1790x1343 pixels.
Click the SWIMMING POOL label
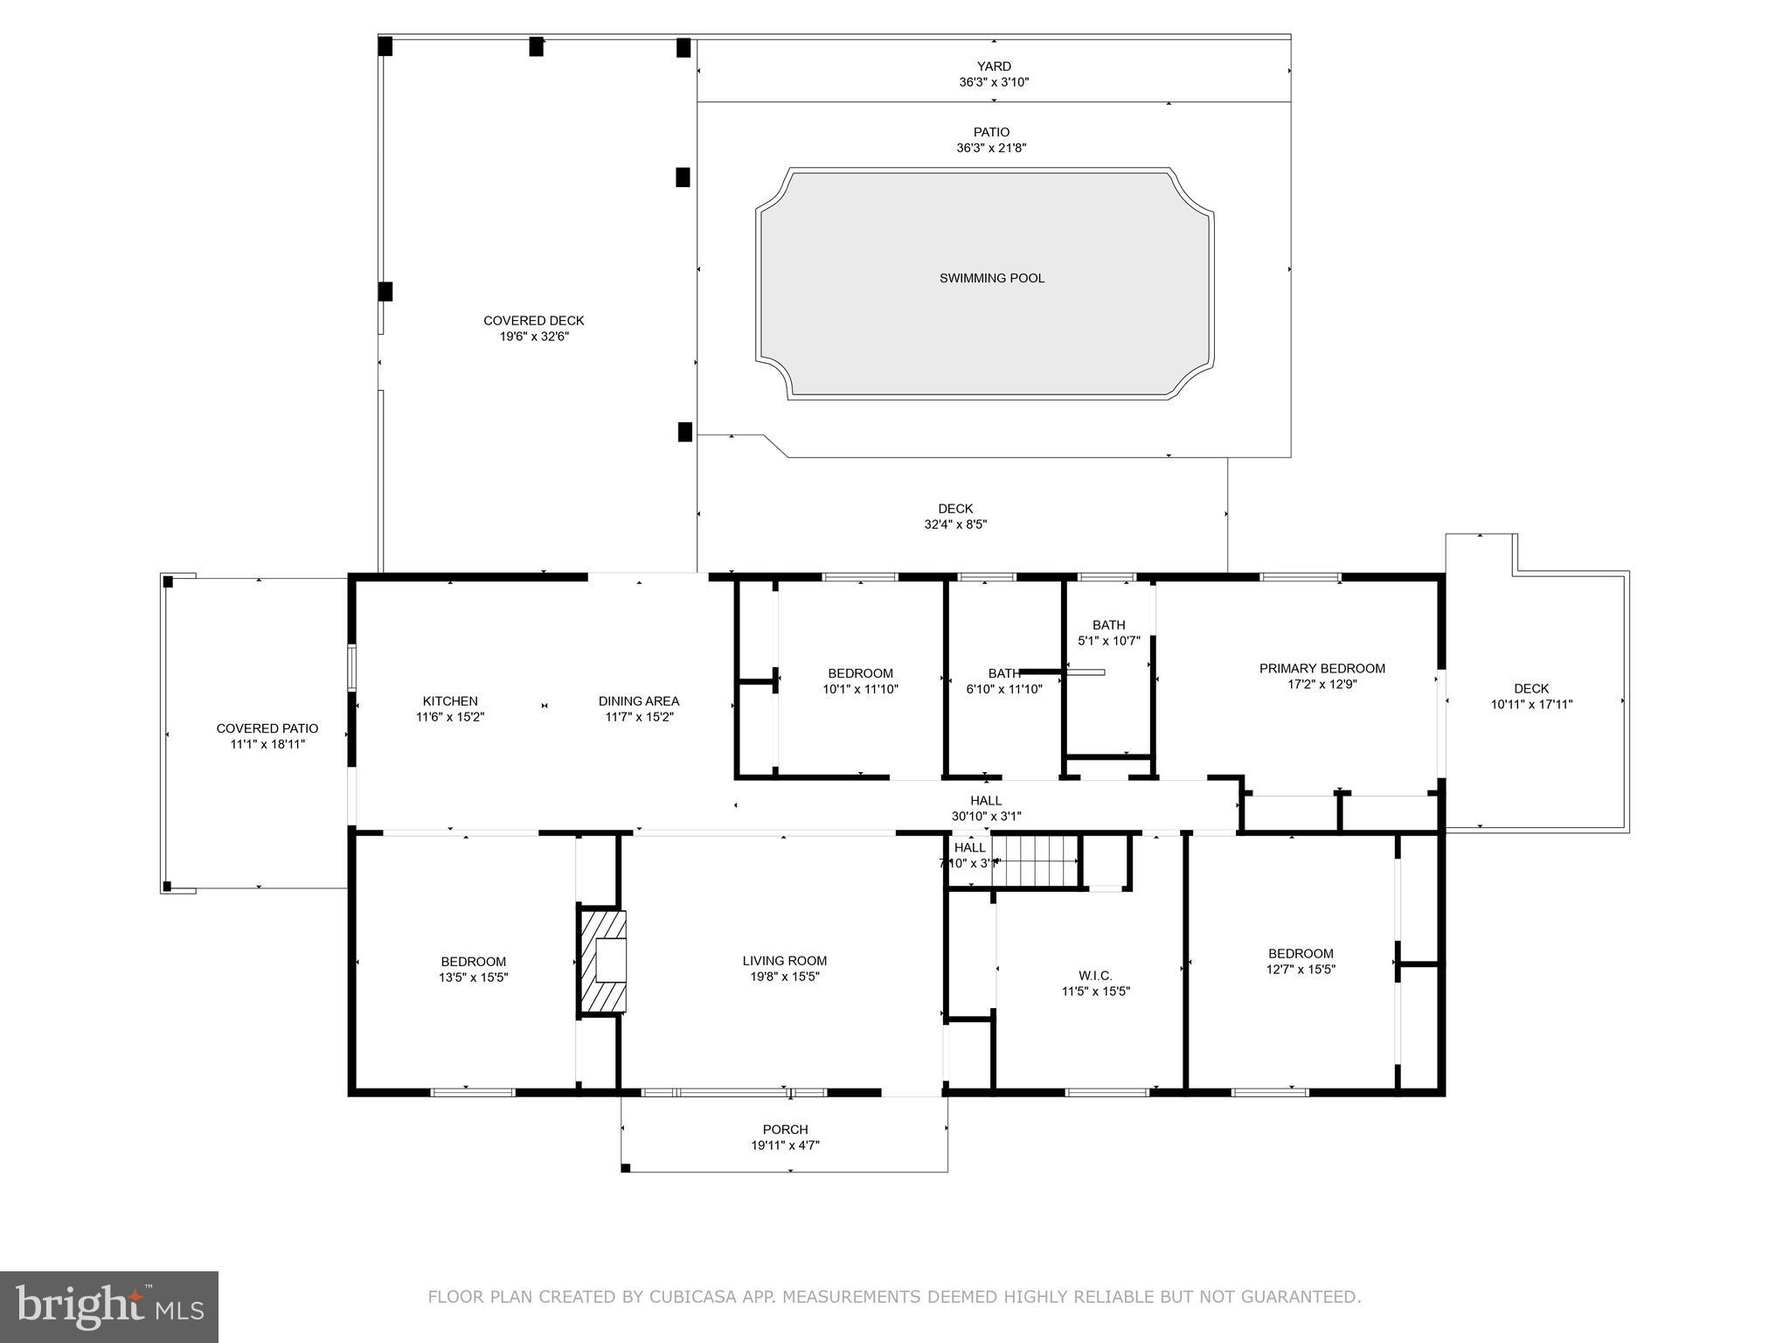click(x=991, y=278)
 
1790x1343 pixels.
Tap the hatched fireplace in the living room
click(x=603, y=962)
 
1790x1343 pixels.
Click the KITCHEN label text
click(x=450, y=701)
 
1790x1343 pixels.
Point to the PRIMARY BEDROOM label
click(x=1322, y=669)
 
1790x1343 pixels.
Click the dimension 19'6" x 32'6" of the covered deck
click(x=533, y=337)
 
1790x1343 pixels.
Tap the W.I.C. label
click(x=1095, y=976)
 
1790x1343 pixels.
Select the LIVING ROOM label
click(x=784, y=961)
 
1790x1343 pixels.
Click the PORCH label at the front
click(x=785, y=1130)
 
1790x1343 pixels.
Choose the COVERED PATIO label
click(x=267, y=728)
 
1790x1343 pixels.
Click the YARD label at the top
click(x=994, y=66)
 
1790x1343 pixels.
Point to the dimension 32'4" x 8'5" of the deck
click(x=955, y=525)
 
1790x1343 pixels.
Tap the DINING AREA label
click(x=638, y=701)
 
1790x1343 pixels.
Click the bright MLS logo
click(x=109, y=1306)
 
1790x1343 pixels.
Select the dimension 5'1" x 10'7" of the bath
click(x=1108, y=641)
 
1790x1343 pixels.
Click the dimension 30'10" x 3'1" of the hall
click(x=986, y=817)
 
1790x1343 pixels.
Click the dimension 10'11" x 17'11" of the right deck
click(x=1531, y=704)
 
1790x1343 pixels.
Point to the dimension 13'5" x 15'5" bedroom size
click(x=473, y=978)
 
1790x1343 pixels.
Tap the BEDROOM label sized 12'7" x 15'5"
click(x=1301, y=954)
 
